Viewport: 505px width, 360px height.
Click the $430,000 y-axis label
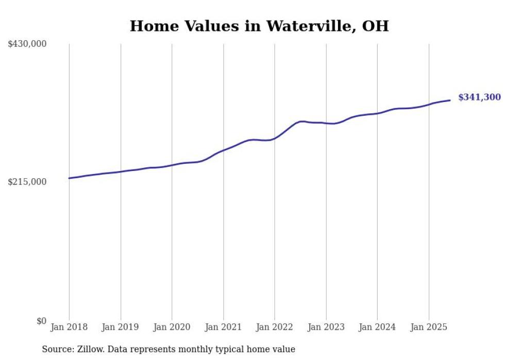27,44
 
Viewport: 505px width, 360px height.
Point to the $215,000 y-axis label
27,182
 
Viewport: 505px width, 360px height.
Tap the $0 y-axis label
41,321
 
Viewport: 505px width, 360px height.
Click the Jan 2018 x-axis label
69,327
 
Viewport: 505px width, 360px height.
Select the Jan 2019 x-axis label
121,327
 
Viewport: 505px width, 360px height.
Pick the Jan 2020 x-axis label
172,327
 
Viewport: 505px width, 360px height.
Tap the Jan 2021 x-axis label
223,327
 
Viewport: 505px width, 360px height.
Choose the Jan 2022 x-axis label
275,327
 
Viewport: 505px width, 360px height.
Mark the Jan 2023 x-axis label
326,327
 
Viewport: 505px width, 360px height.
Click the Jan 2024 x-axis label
377,327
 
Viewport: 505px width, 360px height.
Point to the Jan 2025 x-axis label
429,327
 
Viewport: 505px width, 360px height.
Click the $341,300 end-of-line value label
479,97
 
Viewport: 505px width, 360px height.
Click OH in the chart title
375,26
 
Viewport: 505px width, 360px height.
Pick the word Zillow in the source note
90,349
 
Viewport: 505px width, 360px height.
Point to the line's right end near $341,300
450,100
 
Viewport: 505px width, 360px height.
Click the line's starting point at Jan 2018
69,178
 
